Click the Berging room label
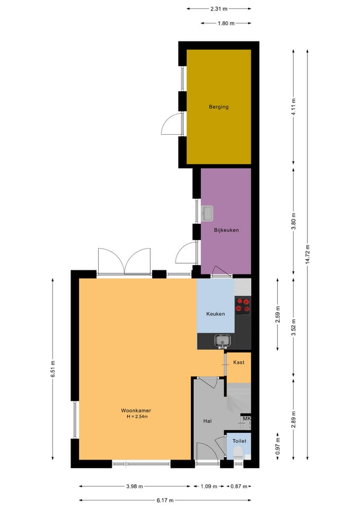[x=218, y=107]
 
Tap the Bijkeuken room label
[x=226, y=230]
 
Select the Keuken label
[x=216, y=314]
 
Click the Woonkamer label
[x=136, y=410]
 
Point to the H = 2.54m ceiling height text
[x=137, y=417]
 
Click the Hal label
[x=207, y=421]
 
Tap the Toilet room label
[x=239, y=441]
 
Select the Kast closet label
[x=239, y=362]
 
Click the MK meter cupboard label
[x=247, y=419]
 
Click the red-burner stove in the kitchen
[x=243, y=305]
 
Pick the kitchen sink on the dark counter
[x=222, y=341]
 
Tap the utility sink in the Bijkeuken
[x=207, y=213]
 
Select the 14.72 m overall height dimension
[x=308, y=255]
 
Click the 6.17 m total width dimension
[x=165, y=500]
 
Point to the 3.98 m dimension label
[x=135, y=486]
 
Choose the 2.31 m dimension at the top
[x=219, y=9]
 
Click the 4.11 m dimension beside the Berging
[x=293, y=107]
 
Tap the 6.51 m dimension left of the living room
[x=52, y=369]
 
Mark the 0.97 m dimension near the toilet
[x=277, y=446]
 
